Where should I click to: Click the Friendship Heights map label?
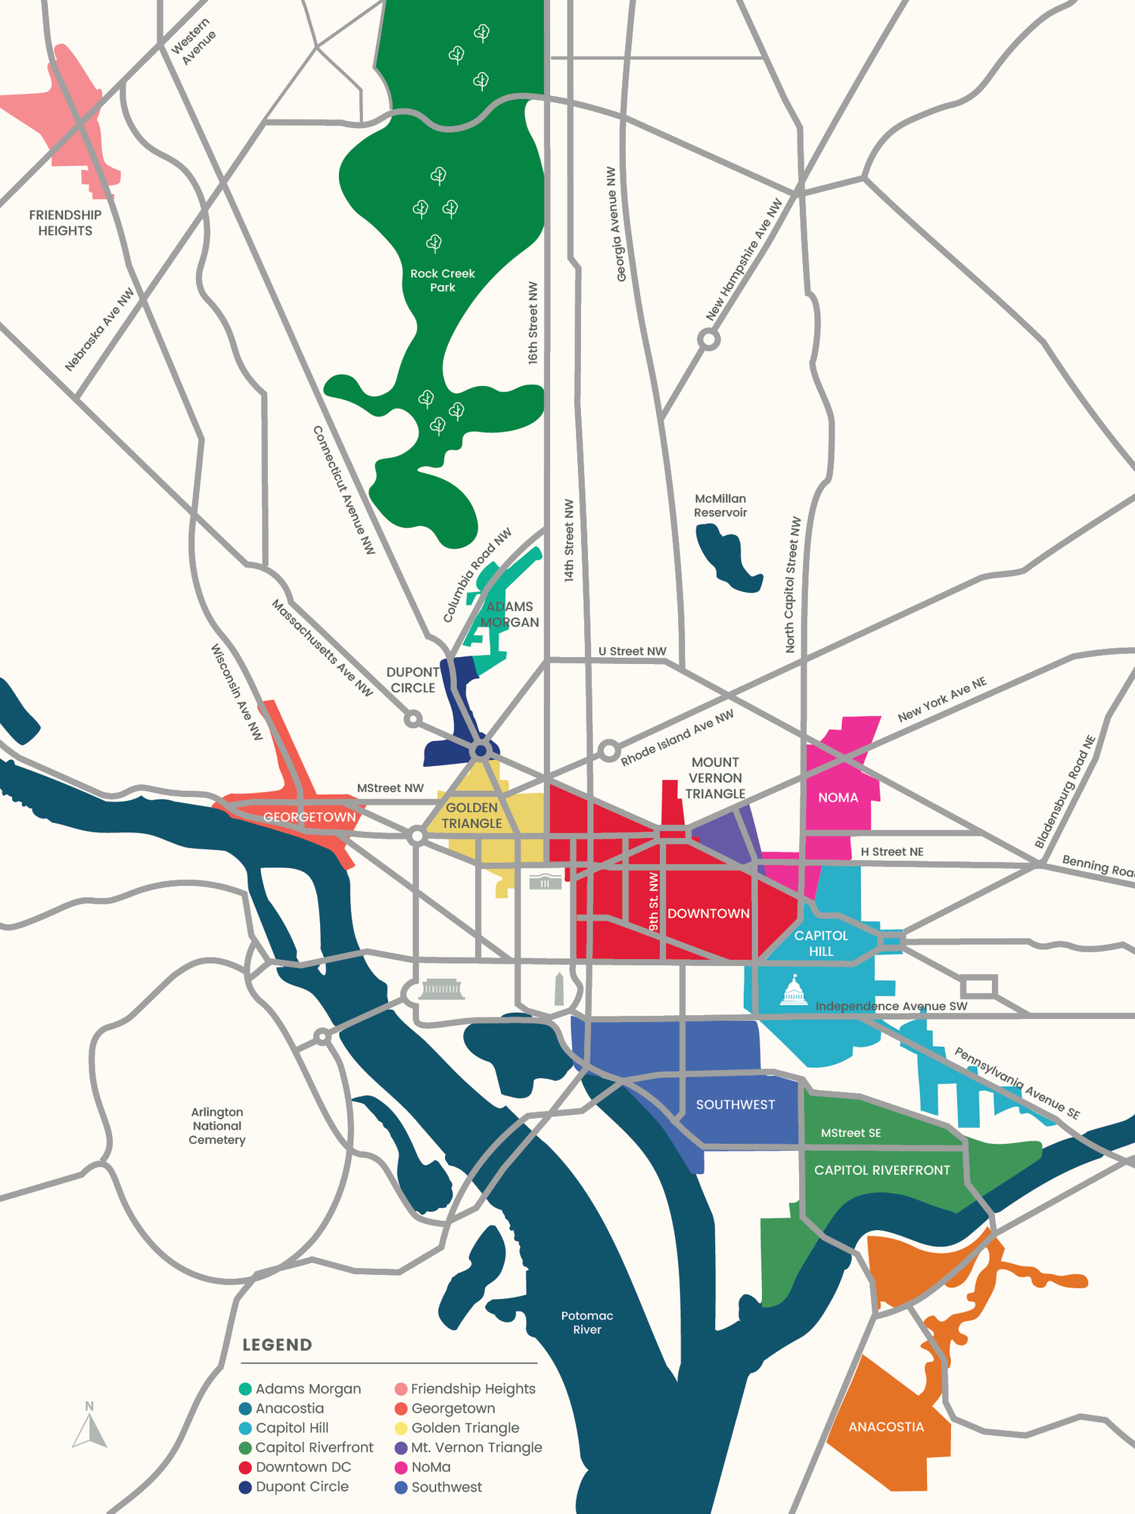pyautogui.click(x=65, y=223)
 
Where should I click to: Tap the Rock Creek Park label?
pyautogui.click(x=443, y=280)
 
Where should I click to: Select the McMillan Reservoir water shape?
pyautogui.click(x=726, y=556)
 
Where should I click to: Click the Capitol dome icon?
pyautogui.click(x=793, y=991)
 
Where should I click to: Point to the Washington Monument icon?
pyautogui.click(x=559, y=989)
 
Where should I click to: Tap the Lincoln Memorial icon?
pyautogui.click(x=442, y=989)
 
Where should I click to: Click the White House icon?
pyautogui.click(x=546, y=881)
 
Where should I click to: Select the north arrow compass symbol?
pyautogui.click(x=89, y=1426)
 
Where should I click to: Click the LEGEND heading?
pyautogui.click(x=277, y=1344)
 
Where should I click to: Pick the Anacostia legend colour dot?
pyautogui.click(x=245, y=1409)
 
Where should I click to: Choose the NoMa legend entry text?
pyautogui.click(x=431, y=1467)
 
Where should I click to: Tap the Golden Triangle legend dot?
pyautogui.click(x=401, y=1428)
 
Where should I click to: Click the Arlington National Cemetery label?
pyautogui.click(x=217, y=1126)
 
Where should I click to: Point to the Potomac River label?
pyautogui.click(x=587, y=1322)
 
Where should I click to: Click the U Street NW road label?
pyautogui.click(x=632, y=651)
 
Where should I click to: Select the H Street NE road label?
pyautogui.click(x=892, y=852)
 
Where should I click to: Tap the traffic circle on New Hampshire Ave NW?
pyautogui.click(x=709, y=339)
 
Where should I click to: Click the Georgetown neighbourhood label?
pyautogui.click(x=309, y=818)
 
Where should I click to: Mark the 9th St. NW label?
pyautogui.click(x=654, y=901)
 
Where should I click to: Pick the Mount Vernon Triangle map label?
pyautogui.click(x=715, y=777)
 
